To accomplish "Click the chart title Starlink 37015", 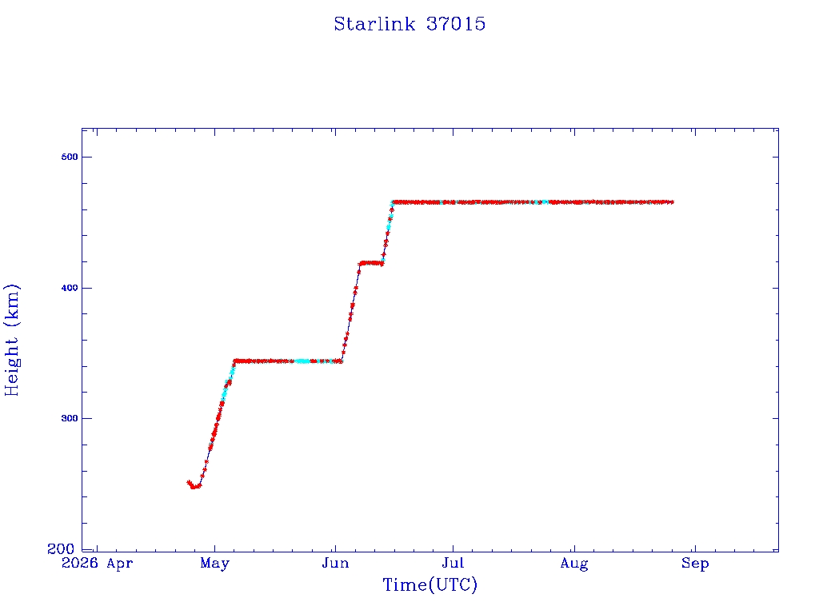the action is tap(409, 24).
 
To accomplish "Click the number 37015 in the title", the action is tap(456, 24).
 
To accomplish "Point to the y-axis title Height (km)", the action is tap(11, 340).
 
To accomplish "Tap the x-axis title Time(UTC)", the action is tap(429, 584).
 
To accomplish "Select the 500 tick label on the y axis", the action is tap(70, 157).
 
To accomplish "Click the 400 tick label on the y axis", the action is tap(70, 288).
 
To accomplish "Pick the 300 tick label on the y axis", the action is tap(70, 418).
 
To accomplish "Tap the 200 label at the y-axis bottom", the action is tap(61, 548).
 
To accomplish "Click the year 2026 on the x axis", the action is tap(80, 563).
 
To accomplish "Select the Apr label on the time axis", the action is tap(120, 564).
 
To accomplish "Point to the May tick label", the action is tap(214, 564).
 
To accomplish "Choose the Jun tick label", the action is tap(335, 563).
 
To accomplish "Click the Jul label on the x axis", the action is tap(453, 563).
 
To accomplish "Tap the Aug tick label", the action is tap(574, 564).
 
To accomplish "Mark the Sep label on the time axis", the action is tap(695, 564).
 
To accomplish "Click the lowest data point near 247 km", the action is tap(194, 487).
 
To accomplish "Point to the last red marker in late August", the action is tap(671, 202).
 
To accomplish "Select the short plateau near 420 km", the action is tap(371, 263).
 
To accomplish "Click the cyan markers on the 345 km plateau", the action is tap(302, 361).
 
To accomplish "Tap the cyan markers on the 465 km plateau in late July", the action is tap(545, 202).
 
